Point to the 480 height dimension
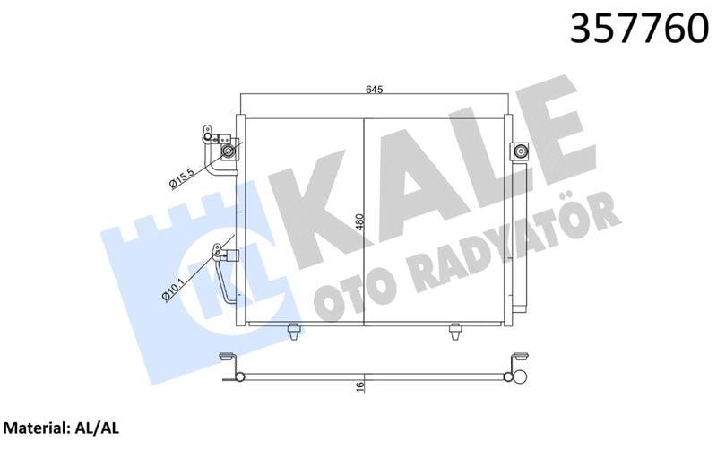358,221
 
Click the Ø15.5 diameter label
182,175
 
